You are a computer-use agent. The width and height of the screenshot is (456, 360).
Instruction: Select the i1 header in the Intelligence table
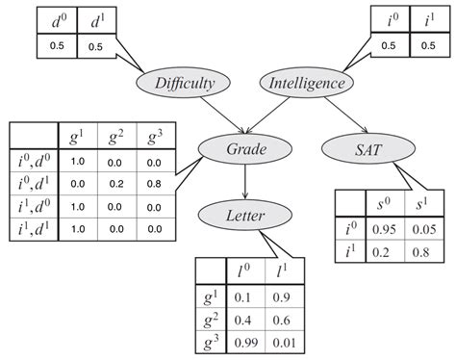click(423, 19)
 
